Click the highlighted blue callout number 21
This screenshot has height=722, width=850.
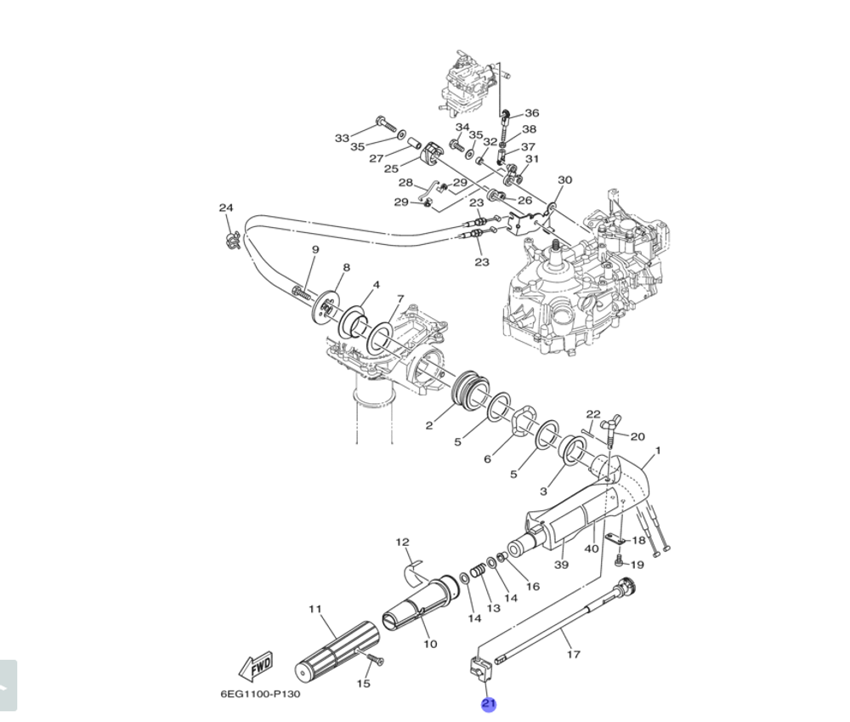489,704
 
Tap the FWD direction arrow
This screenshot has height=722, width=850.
256,667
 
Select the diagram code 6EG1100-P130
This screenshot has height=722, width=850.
260,694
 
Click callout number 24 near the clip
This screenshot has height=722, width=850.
225,208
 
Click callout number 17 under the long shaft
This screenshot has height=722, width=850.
574,654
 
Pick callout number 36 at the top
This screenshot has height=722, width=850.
531,113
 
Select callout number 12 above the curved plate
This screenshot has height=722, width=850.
402,542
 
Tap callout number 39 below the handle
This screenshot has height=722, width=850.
561,565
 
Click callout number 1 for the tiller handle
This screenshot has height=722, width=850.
657,451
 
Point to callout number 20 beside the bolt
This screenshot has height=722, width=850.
637,436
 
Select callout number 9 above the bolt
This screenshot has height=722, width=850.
314,249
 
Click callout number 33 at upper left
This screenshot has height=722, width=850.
342,138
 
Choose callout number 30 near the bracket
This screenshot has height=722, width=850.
564,179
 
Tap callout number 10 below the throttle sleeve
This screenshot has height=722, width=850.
430,644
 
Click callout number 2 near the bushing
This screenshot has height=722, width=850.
429,425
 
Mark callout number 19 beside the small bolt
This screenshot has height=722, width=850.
637,564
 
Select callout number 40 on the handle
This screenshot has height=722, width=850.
592,549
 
